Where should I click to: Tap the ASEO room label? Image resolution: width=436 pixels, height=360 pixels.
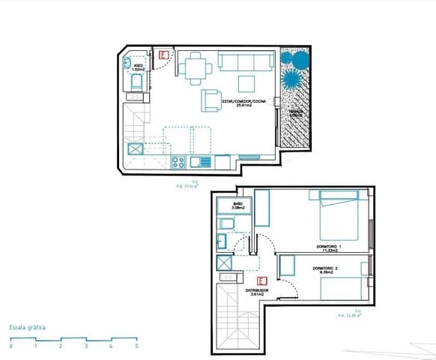pyautogui.click(x=138, y=67)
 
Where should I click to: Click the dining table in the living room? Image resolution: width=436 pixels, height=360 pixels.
pyautogui.click(x=196, y=70)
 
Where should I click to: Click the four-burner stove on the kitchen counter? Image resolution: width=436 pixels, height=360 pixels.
pyautogui.click(x=178, y=161)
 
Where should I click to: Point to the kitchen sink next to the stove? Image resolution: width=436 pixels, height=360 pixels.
pyautogui.click(x=201, y=161)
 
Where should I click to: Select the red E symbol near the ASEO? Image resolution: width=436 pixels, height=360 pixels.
pyautogui.click(x=164, y=55)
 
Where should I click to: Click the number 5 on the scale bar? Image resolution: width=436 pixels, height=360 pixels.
pyautogui.click(x=136, y=346)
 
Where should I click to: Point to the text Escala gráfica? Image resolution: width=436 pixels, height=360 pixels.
pyautogui.click(x=28, y=328)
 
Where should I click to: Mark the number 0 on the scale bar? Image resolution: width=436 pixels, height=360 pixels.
pyautogui.click(x=10, y=346)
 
